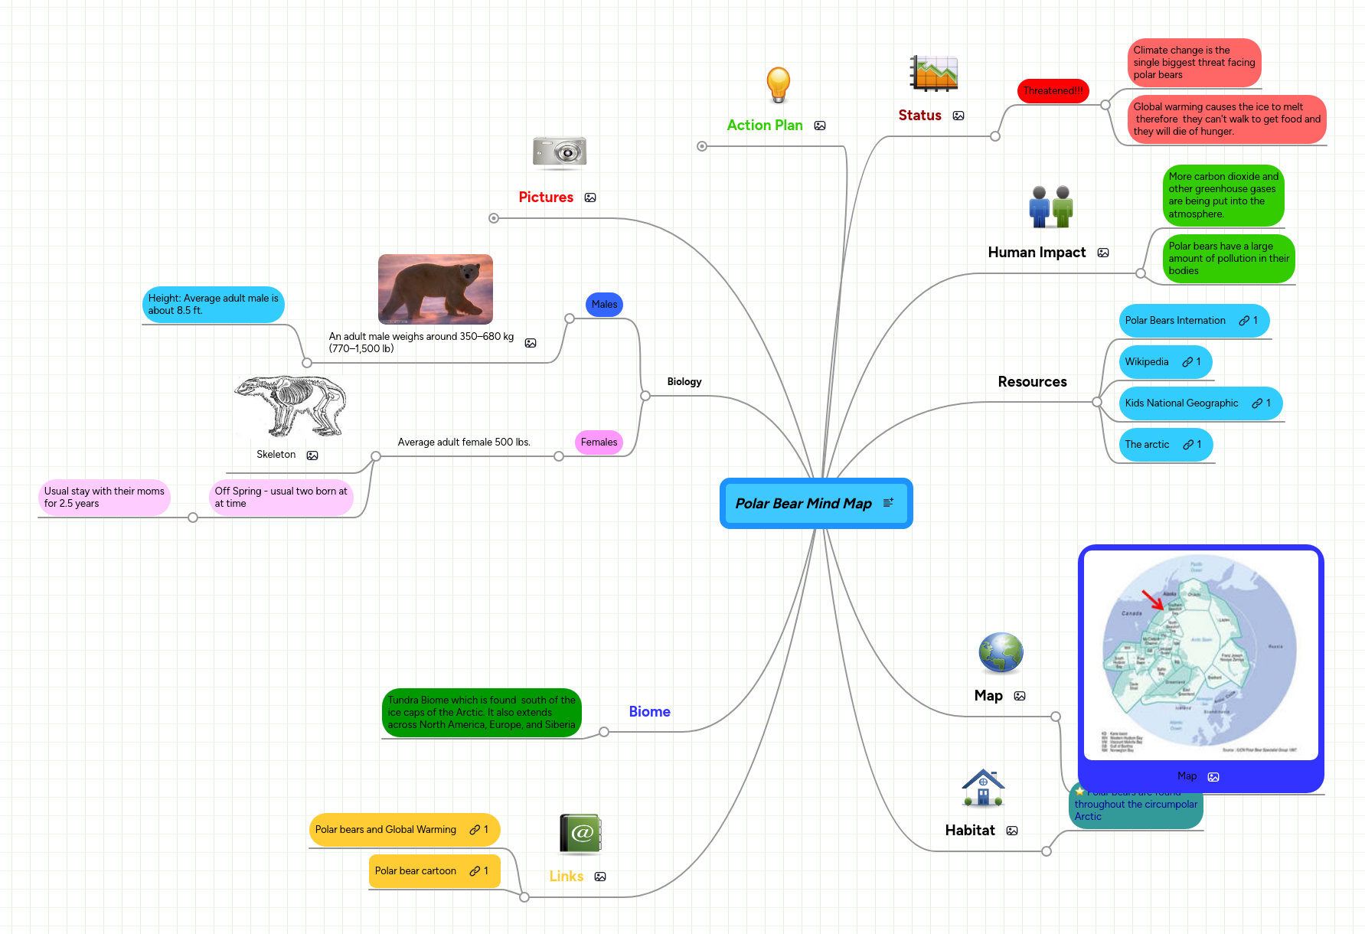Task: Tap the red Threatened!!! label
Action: (x=1053, y=90)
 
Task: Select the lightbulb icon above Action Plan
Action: (x=778, y=84)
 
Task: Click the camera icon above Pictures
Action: (x=560, y=152)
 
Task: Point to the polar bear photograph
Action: (x=435, y=289)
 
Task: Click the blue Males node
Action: (x=604, y=304)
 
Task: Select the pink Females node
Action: (x=599, y=442)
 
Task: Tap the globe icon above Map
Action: (x=1001, y=653)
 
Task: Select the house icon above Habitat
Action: (x=983, y=788)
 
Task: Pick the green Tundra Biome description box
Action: (x=481, y=712)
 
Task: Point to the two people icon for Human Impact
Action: (x=1050, y=207)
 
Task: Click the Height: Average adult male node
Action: (x=213, y=304)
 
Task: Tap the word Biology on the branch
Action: (x=684, y=381)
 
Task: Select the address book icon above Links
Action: (x=580, y=834)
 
